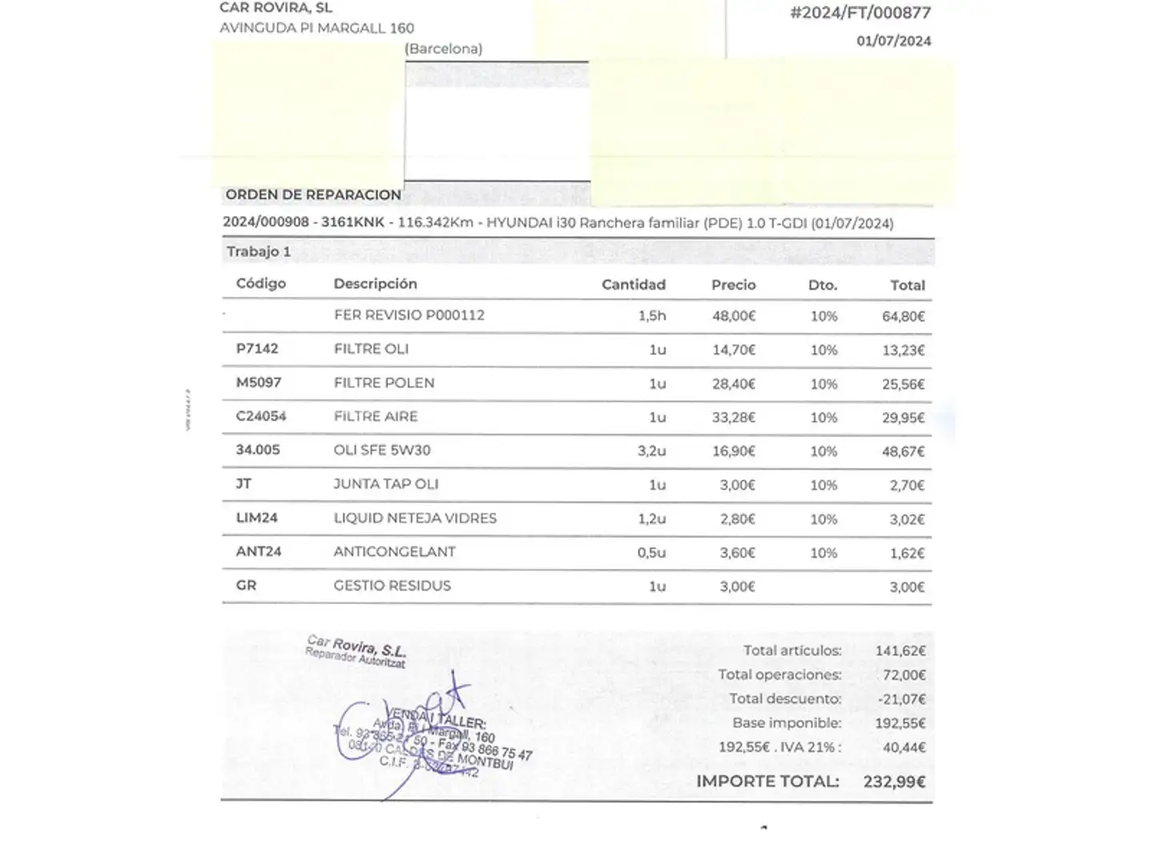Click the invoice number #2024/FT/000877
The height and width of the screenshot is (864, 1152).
860,13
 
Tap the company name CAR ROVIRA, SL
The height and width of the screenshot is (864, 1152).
276,8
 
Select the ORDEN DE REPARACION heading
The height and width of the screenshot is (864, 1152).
313,194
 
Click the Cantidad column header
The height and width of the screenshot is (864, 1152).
633,285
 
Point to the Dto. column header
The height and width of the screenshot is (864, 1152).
822,285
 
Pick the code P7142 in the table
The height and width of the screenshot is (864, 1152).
257,349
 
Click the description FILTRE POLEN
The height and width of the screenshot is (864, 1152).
384,383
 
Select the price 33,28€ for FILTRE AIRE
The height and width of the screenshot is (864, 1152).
734,418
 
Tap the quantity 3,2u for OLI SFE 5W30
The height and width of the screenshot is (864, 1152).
651,451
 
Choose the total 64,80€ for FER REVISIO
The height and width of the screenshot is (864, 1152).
903,317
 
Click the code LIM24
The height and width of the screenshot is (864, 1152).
257,518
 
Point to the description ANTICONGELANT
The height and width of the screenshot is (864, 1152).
394,552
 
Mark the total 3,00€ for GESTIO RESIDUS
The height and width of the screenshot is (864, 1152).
906,587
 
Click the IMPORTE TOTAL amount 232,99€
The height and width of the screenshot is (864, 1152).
894,782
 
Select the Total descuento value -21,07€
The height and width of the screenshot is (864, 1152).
902,699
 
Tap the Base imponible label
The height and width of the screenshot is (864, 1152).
786,723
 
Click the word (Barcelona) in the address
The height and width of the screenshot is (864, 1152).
443,49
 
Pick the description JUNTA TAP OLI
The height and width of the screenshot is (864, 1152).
386,485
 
